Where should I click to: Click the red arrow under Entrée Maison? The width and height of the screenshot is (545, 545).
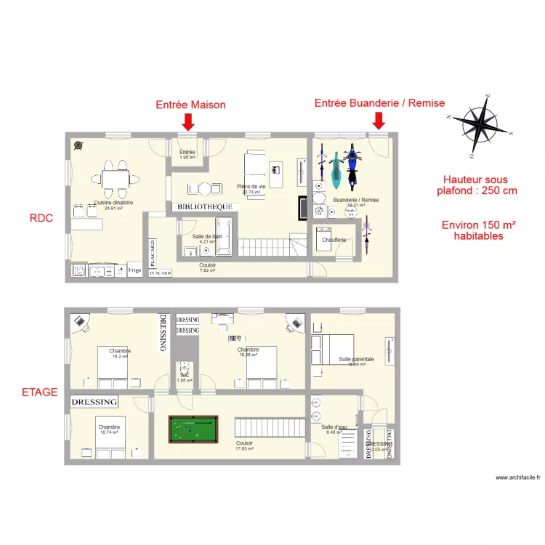(x=188, y=121)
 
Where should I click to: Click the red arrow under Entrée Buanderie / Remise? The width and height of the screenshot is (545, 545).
(x=378, y=120)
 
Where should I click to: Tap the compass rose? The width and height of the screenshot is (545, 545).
(x=480, y=125)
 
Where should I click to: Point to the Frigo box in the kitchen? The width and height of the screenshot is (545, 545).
(x=134, y=270)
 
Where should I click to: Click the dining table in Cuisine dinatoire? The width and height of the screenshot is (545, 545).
(x=114, y=179)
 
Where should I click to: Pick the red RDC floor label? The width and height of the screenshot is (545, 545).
(x=41, y=217)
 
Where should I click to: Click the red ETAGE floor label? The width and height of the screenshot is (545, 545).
(x=39, y=392)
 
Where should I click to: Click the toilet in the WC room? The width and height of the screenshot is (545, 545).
(x=185, y=368)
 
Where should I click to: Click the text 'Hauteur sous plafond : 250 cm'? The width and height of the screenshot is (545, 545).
(x=477, y=185)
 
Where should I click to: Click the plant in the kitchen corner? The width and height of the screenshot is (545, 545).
(x=77, y=145)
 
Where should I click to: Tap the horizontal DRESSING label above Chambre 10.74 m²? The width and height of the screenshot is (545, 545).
(x=94, y=402)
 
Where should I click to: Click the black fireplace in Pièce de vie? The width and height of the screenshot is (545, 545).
(x=303, y=209)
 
